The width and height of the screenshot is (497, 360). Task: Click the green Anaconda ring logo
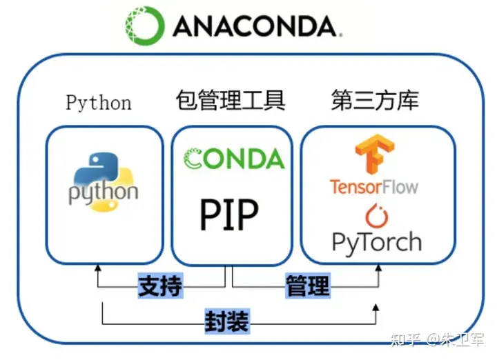(x=145, y=26)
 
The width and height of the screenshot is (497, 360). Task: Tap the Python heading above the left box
(x=99, y=103)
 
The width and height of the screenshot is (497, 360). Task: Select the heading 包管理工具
(x=231, y=101)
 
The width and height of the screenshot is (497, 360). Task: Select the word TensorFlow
(x=373, y=186)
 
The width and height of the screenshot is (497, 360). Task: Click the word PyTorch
(x=376, y=241)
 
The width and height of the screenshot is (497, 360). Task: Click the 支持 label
(x=160, y=286)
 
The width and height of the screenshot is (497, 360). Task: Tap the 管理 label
(x=308, y=286)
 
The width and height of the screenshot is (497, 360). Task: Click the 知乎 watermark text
(x=405, y=340)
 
